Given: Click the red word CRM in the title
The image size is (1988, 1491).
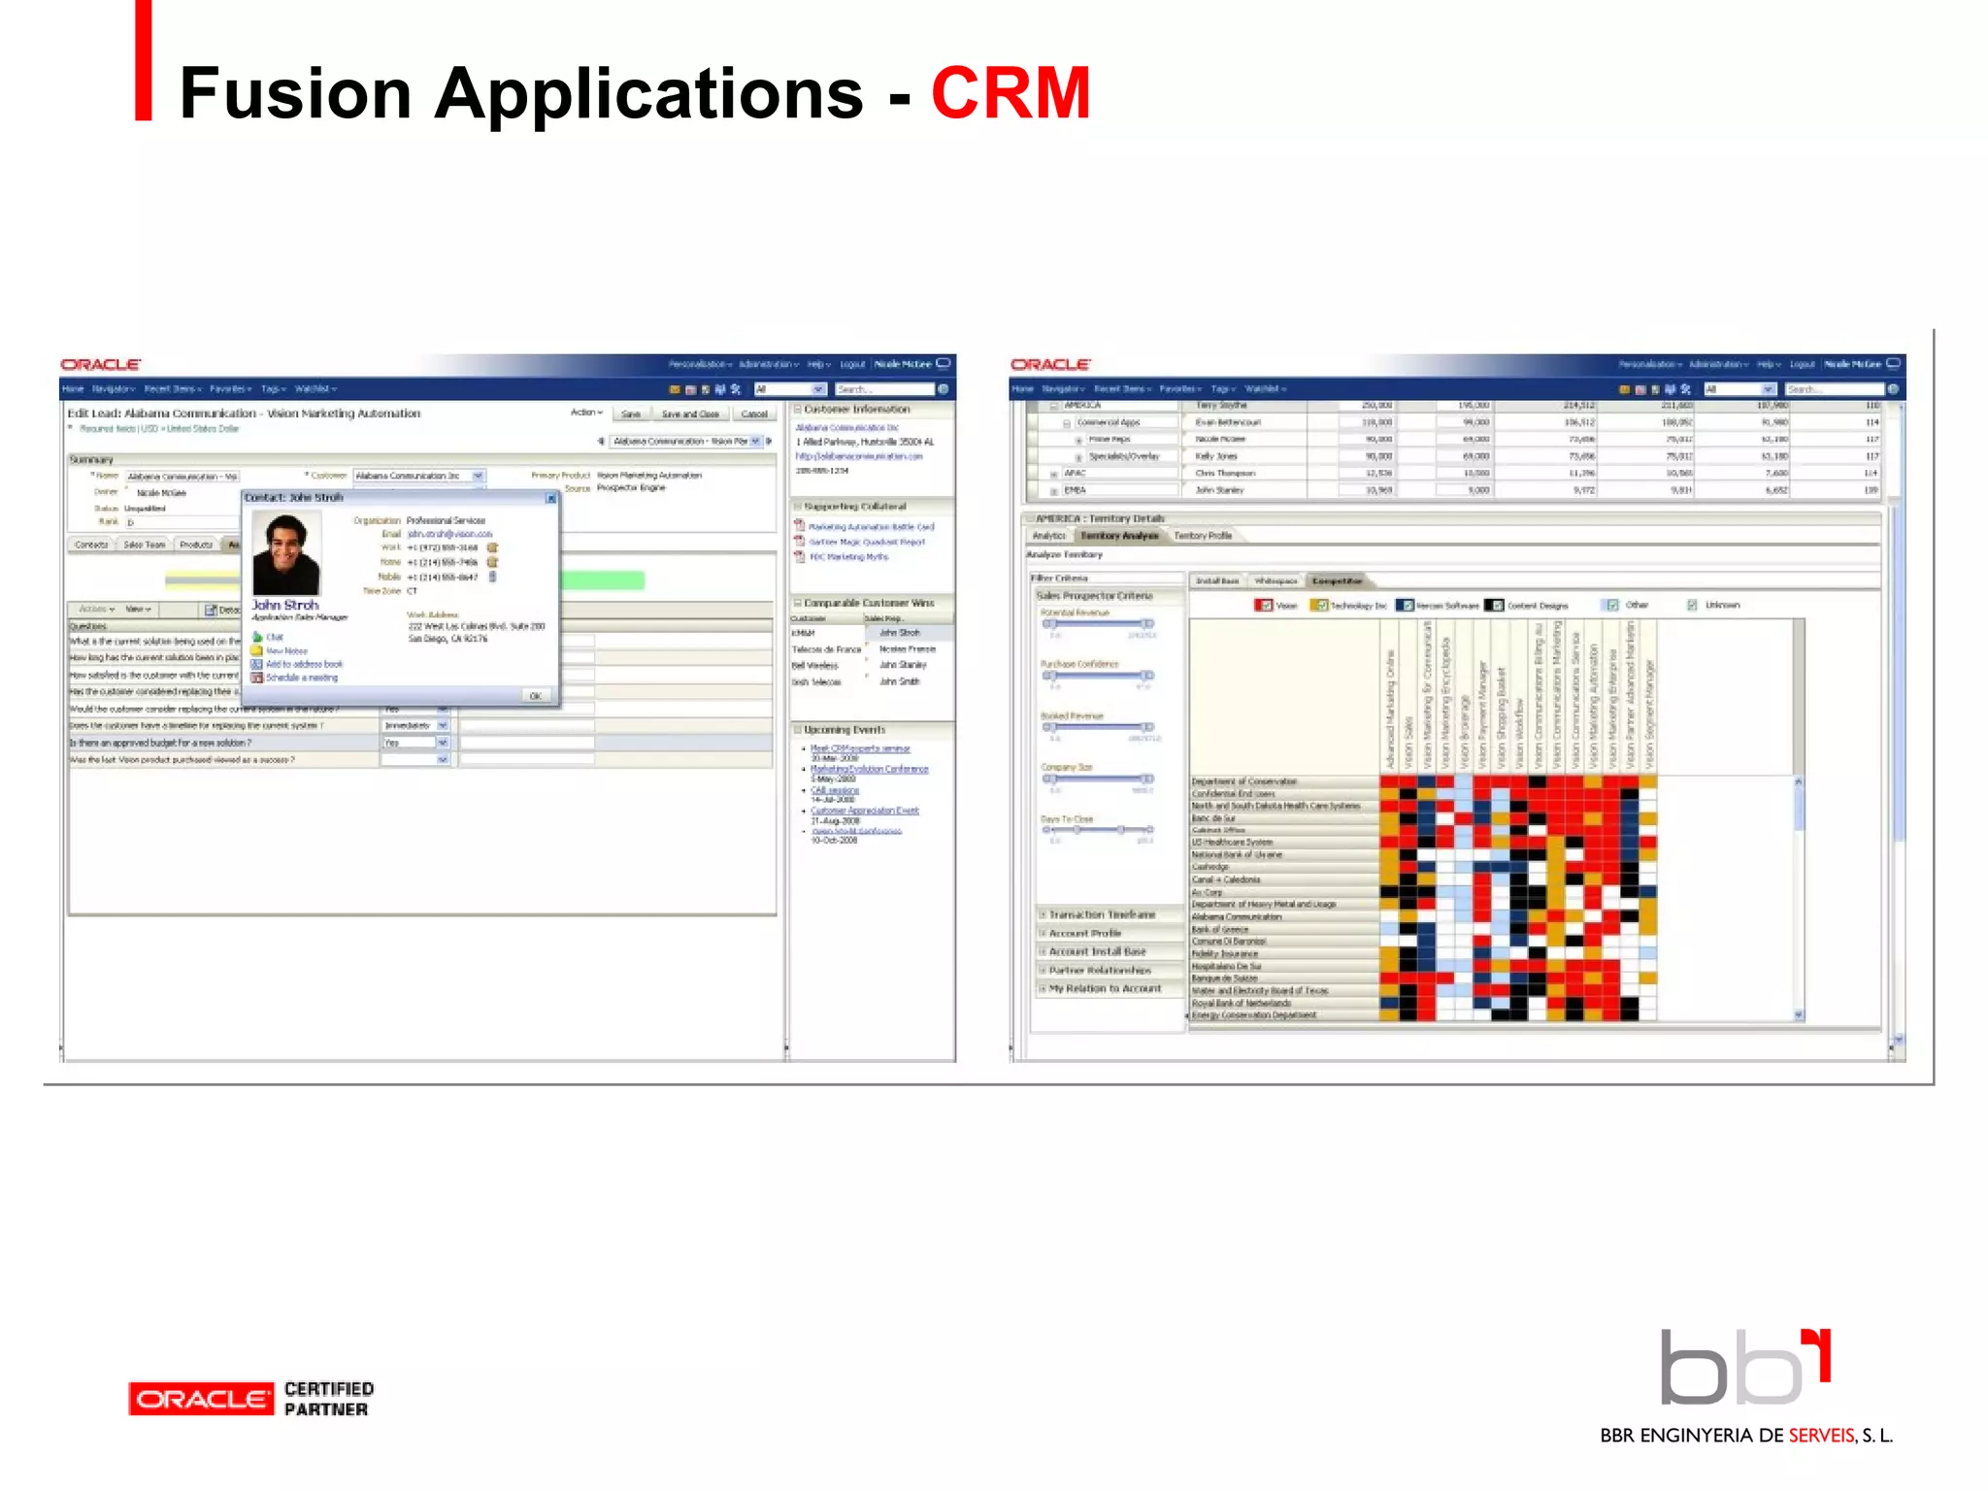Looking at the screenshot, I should (x=1011, y=93).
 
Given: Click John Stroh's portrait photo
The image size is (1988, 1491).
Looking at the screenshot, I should (x=285, y=553).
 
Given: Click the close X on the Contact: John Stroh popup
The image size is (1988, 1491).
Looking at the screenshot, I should (x=550, y=498).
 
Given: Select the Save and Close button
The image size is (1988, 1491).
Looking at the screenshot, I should (x=689, y=414).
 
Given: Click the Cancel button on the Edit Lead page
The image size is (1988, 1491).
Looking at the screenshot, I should (x=753, y=414).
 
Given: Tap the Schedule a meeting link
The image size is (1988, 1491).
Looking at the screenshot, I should (x=301, y=678).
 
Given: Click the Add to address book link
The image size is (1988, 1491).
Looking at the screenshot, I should (x=303, y=664).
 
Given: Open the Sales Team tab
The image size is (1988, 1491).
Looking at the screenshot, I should (x=144, y=545).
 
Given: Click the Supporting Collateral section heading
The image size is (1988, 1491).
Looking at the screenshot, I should (x=854, y=507).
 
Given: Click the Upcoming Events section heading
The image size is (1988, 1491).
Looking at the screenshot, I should (x=844, y=729).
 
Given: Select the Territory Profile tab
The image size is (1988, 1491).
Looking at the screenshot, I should (x=1202, y=535).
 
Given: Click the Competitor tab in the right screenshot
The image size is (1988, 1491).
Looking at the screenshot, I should (x=1336, y=580).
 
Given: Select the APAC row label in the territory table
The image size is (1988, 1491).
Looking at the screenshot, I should (x=1075, y=474).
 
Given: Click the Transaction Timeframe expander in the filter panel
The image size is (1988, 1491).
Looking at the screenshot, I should (x=1101, y=914).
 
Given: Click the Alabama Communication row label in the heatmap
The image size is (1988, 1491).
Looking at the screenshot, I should (x=1236, y=916).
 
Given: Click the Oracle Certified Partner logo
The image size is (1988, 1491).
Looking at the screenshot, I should (x=250, y=1399).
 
